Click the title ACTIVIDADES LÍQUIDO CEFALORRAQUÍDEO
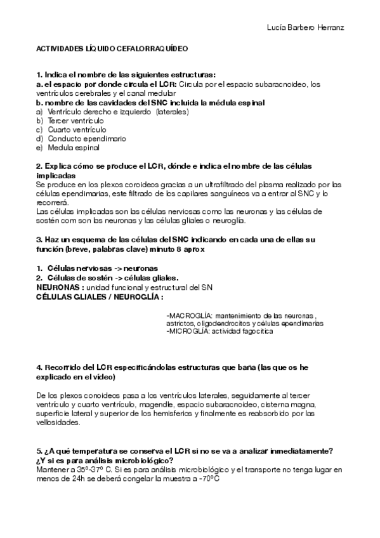(111, 48)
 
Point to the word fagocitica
(258, 331)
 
